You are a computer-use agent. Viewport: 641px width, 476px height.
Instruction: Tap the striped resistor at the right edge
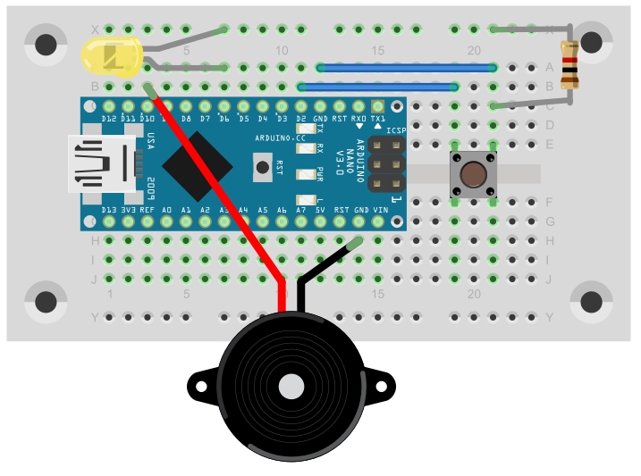[569, 65]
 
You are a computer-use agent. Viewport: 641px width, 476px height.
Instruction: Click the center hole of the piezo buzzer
[291, 387]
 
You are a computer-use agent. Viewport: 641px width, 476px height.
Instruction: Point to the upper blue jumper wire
[407, 67]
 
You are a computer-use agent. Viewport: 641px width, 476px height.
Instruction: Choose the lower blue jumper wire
[379, 87]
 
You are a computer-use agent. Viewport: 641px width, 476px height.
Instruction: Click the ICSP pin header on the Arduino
[384, 164]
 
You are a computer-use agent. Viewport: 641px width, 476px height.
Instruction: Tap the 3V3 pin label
[129, 210]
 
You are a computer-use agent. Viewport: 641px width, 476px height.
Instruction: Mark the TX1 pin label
[378, 119]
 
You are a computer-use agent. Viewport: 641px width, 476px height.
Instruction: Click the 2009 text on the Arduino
[151, 190]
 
